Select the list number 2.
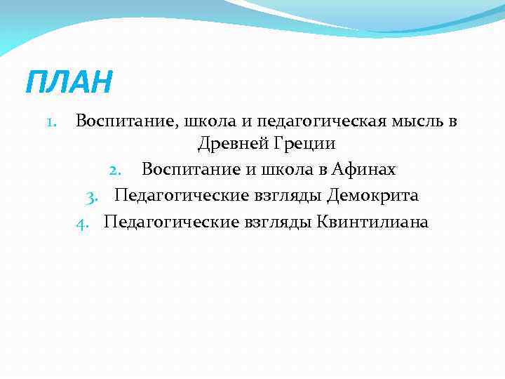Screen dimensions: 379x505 tap(117, 170)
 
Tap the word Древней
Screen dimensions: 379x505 tap(228, 144)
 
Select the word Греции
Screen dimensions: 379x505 tap(300, 144)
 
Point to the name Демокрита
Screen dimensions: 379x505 tap(372, 196)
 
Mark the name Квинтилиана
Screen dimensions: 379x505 tap(372, 222)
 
